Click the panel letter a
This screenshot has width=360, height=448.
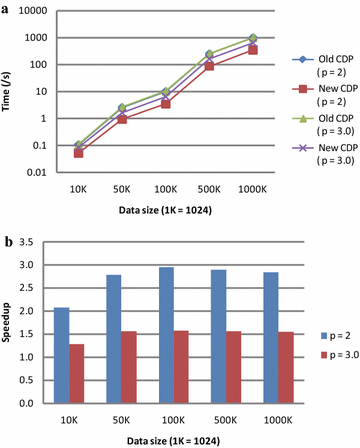6,8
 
